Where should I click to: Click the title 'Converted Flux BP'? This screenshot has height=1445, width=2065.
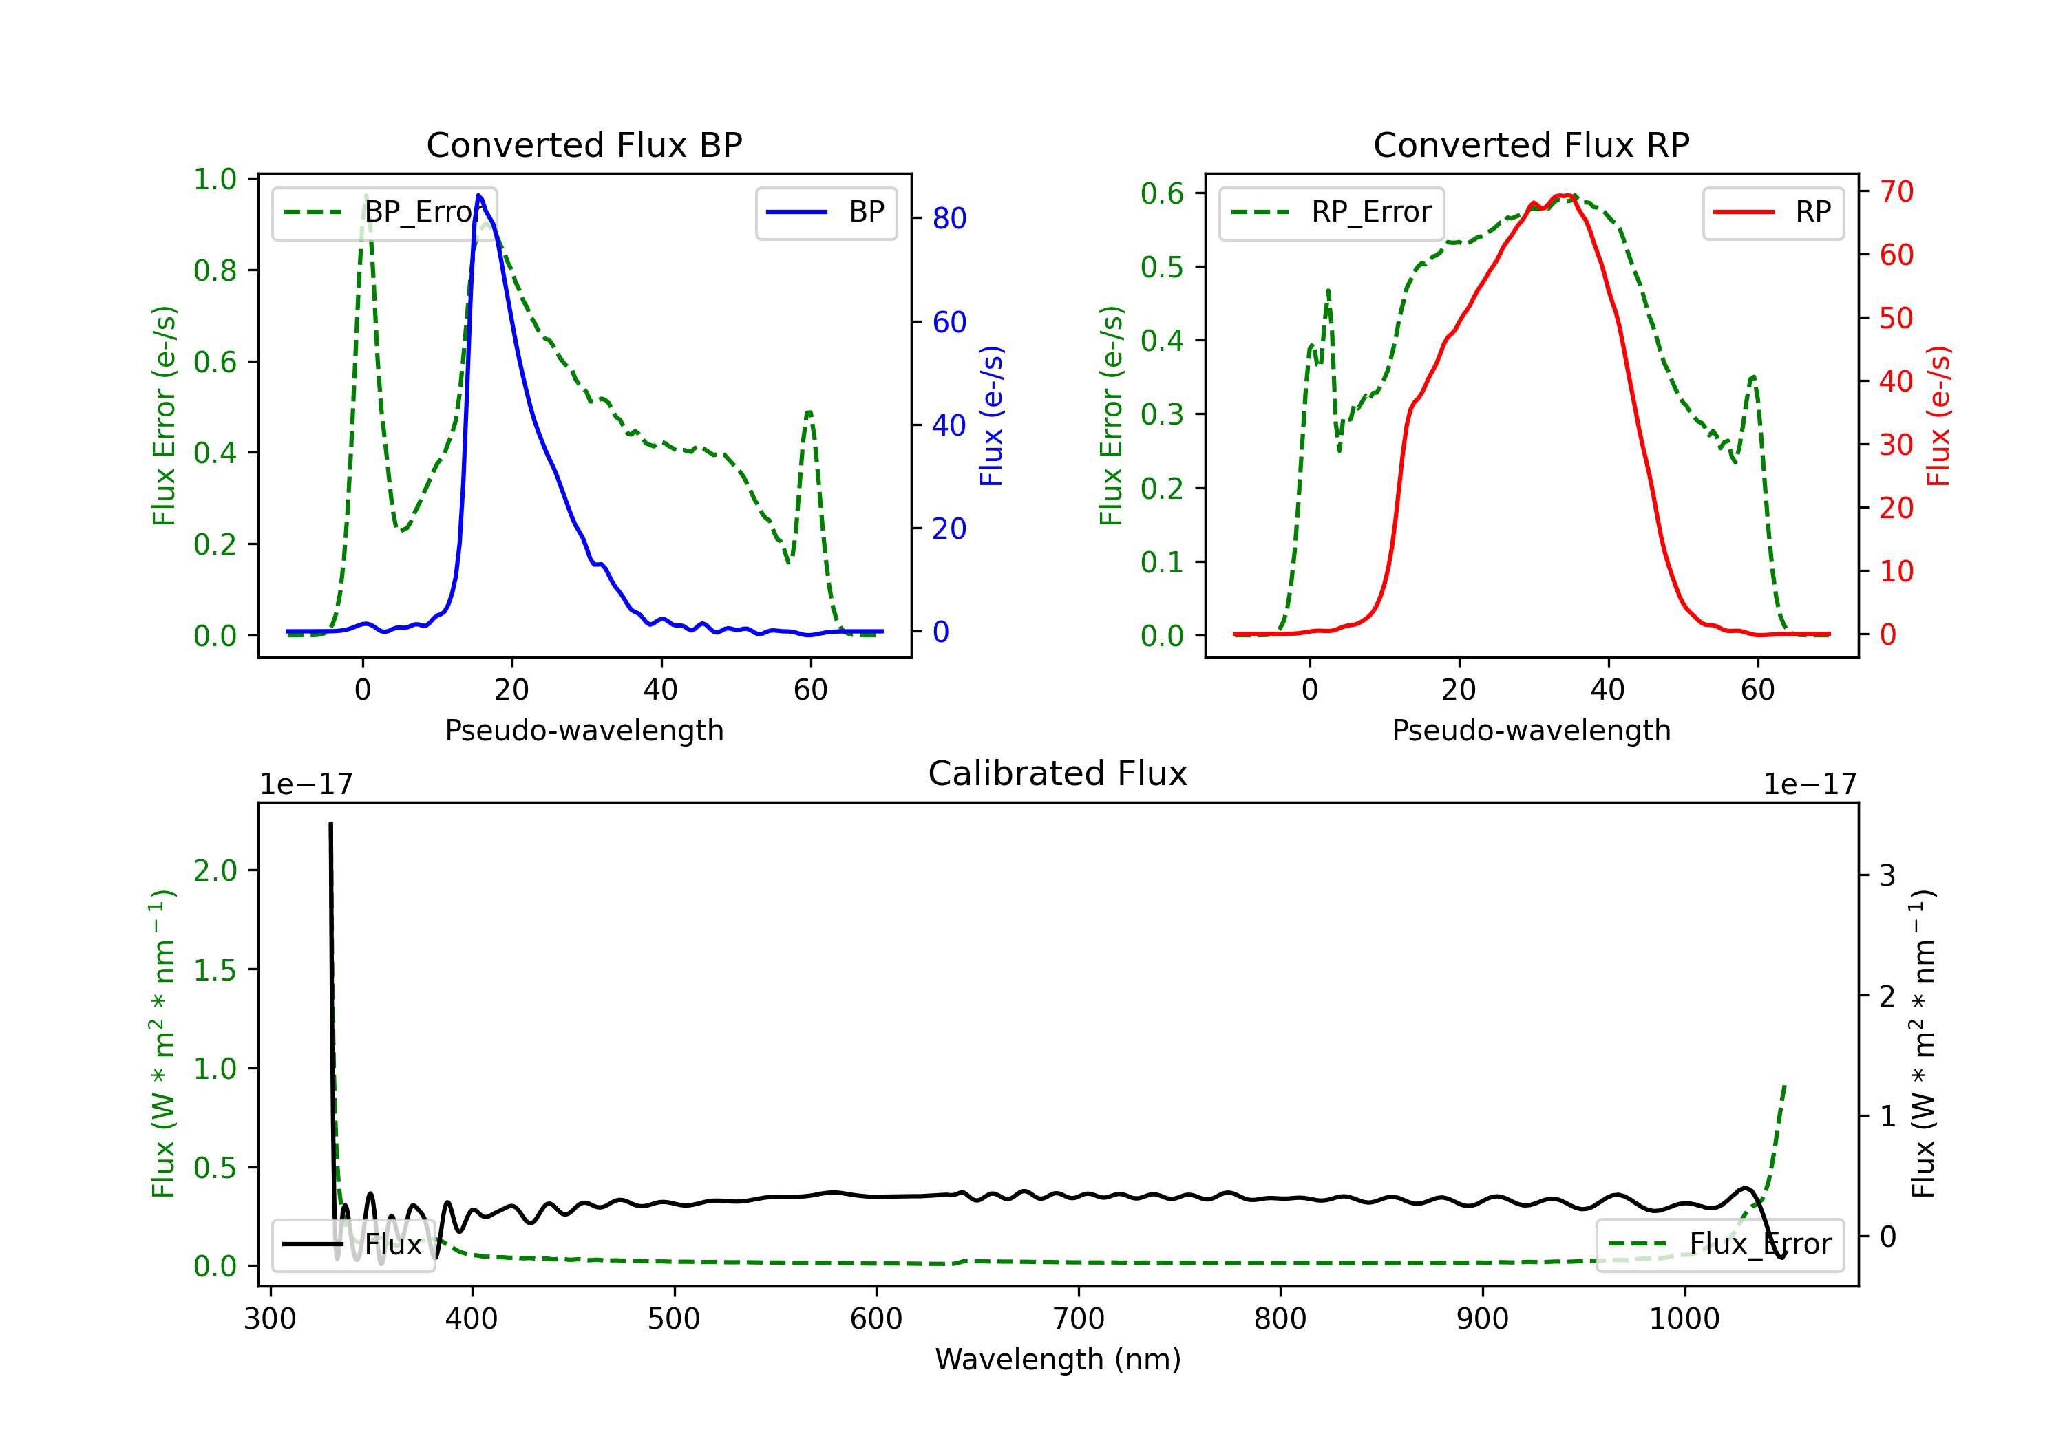(x=584, y=144)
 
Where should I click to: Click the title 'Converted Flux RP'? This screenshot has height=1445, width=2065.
(x=1531, y=144)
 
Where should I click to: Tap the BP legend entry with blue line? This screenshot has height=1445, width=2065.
(x=825, y=212)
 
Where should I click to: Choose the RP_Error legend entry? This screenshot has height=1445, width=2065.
(x=1331, y=212)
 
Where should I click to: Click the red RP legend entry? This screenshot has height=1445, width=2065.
(x=1772, y=212)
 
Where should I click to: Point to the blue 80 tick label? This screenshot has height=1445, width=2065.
(x=949, y=219)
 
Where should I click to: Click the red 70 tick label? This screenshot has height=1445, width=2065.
(x=1896, y=191)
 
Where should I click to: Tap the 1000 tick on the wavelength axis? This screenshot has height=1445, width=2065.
(x=1684, y=1319)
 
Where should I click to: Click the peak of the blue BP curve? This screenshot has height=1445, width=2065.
(x=478, y=195)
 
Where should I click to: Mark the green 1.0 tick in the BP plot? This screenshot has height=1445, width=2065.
(x=215, y=179)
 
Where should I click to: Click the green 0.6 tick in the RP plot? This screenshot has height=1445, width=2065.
(x=1162, y=193)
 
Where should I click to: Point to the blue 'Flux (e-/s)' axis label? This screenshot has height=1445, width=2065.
(x=991, y=416)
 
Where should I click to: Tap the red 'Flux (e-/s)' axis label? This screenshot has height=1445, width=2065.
(x=1938, y=416)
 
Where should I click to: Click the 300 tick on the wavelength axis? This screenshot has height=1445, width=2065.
(x=270, y=1319)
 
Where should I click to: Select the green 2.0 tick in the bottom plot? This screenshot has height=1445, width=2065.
(x=215, y=870)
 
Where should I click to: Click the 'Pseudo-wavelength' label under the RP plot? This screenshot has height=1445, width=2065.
(x=1531, y=730)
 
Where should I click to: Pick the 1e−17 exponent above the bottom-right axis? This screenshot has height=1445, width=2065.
(x=1809, y=784)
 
